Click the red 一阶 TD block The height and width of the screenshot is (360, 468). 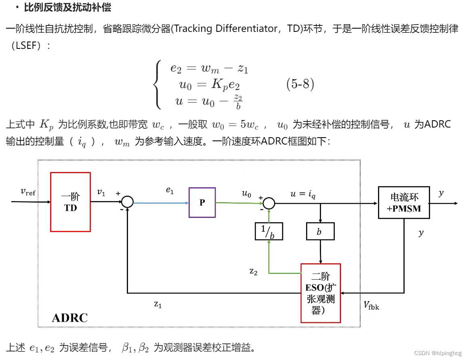click(70, 202)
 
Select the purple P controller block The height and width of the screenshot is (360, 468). click(202, 202)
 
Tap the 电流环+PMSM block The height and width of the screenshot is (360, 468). click(404, 203)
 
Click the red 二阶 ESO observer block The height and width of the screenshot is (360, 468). click(321, 293)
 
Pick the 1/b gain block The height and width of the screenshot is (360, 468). click(269, 231)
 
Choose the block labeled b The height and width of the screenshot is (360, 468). click(320, 231)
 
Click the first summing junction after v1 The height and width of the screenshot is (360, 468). click(128, 202)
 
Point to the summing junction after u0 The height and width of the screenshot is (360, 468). click(269, 203)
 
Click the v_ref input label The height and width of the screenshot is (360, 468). click(28, 192)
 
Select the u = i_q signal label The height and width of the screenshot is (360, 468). click(302, 194)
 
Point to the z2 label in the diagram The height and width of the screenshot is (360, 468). click(254, 271)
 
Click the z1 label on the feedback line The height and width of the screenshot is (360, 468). click(158, 304)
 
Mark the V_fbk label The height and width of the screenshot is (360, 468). click(371, 306)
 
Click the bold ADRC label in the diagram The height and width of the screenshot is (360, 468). click(69, 318)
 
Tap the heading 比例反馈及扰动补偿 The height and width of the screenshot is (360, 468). click(68, 7)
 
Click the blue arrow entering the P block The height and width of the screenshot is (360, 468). click(162, 203)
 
